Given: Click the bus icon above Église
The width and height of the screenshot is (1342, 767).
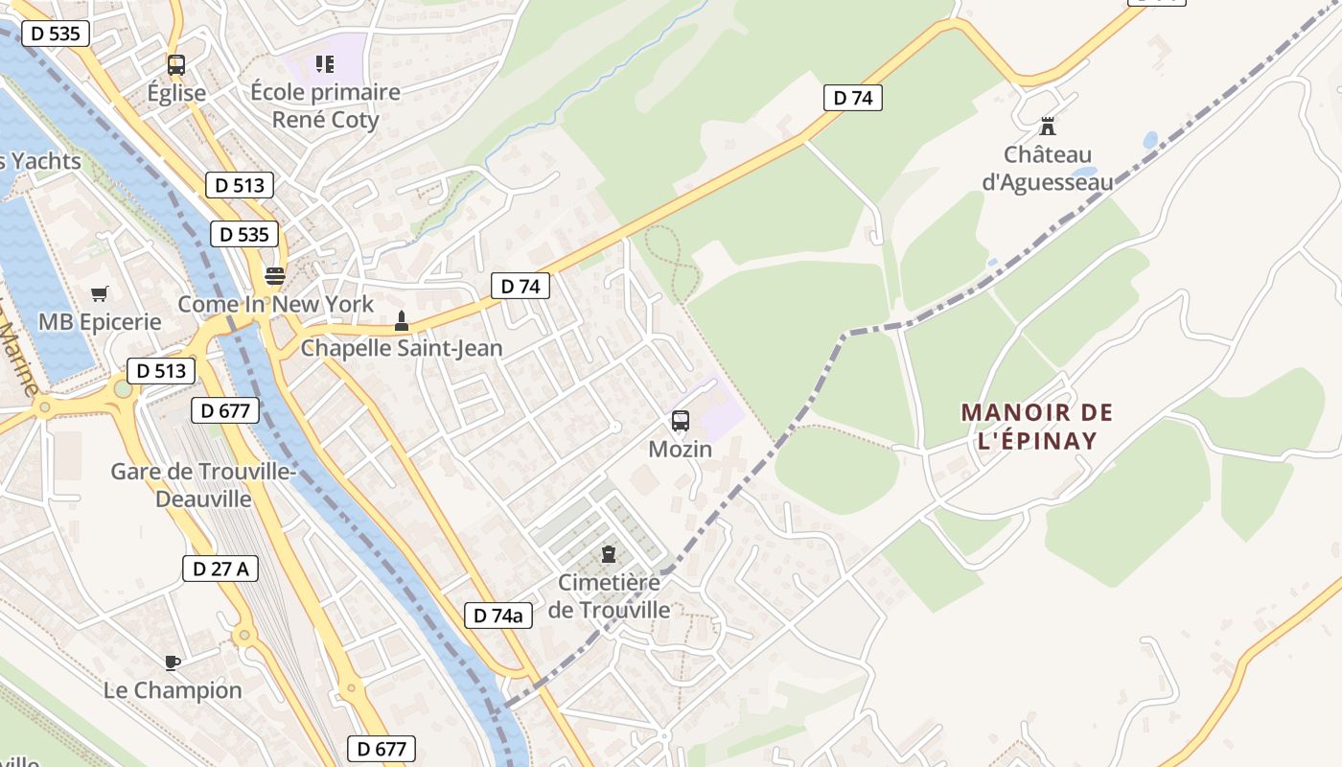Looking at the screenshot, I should tap(176, 65).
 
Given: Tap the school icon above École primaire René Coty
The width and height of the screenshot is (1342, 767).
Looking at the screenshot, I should tap(325, 64).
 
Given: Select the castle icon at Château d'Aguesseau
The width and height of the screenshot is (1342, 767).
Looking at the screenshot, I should tap(1048, 126).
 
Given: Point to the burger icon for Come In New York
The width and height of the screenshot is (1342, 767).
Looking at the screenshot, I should tap(275, 276).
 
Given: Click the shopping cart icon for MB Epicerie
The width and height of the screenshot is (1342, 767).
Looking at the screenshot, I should tap(100, 293).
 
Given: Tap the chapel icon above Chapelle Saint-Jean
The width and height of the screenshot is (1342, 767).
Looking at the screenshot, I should tap(402, 320).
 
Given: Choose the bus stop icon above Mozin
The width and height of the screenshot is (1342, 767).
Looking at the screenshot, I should tap(681, 421).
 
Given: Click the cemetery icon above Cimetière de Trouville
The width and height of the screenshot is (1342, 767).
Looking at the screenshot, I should tap(609, 554).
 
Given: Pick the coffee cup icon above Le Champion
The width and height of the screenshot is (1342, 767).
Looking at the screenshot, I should tap(173, 662).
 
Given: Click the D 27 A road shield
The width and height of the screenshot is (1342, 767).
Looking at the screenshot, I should tap(220, 569).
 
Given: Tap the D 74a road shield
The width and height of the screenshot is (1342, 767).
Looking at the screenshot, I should tap(498, 616).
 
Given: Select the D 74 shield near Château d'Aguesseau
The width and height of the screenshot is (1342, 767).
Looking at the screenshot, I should tap(852, 98).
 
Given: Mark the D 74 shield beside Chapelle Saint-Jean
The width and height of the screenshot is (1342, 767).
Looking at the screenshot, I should tap(521, 286).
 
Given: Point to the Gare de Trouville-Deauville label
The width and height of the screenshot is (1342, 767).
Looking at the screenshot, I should tap(203, 485).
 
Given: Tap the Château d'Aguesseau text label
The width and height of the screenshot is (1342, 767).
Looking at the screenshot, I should tap(1048, 168).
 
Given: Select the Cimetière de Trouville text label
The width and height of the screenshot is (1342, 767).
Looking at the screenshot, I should tap(609, 595).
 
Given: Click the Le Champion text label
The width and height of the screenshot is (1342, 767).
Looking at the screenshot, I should tap(173, 690).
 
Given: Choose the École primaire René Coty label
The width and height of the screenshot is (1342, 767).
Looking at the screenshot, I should tap(325, 106).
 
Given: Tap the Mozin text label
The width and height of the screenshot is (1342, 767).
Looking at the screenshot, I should tap(681, 449).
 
